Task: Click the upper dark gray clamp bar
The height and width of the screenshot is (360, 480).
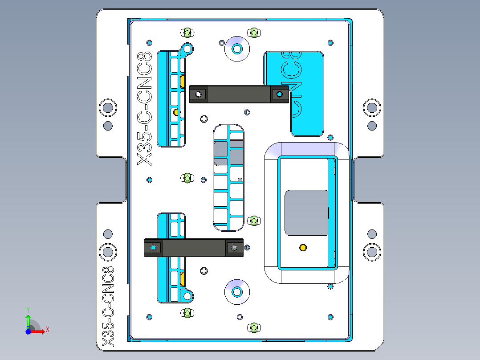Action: (x=238, y=94)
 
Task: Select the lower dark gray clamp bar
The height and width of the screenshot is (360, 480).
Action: (x=194, y=248)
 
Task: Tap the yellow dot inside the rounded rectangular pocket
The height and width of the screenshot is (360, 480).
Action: (x=303, y=247)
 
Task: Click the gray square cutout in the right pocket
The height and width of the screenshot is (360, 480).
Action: (x=306, y=213)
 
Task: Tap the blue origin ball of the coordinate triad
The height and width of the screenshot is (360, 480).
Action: (x=28, y=332)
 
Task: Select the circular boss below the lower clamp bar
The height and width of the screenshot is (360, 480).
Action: (x=237, y=292)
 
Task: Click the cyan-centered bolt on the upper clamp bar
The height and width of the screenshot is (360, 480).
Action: (x=279, y=94)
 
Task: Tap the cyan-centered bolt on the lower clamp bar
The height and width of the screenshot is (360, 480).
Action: (x=154, y=247)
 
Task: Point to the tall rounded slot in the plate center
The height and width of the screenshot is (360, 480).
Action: (x=228, y=177)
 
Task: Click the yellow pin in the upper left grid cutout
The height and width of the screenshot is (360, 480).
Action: (x=183, y=81)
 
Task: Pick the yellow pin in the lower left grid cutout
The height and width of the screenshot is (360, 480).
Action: (x=183, y=279)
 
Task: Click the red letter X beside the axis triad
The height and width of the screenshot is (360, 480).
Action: (x=47, y=330)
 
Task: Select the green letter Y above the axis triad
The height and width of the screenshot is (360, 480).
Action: (x=28, y=309)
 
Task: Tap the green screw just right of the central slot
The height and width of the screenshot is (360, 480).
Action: (x=253, y=220)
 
